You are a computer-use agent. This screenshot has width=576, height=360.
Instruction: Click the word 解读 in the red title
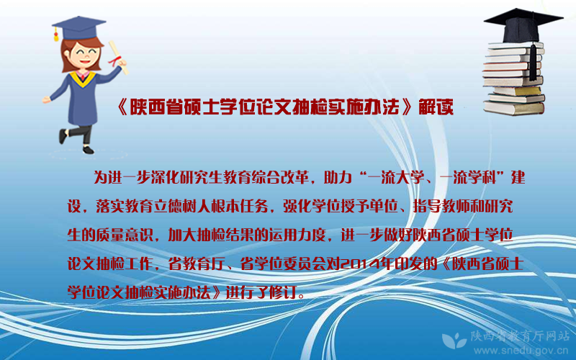[436, 107]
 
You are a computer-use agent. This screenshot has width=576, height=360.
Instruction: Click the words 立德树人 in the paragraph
[181, 207]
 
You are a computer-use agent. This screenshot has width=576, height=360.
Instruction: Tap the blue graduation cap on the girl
[79, 29]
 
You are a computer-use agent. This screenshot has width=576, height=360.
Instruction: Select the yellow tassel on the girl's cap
[56, 35]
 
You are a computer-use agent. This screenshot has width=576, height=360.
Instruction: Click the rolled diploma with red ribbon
[118, 58]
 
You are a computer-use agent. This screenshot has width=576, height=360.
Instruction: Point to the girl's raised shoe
[63, 136]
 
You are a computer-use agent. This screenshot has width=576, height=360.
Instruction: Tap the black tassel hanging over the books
[533, 60]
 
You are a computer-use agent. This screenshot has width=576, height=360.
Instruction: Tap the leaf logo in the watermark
[454, 340]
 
